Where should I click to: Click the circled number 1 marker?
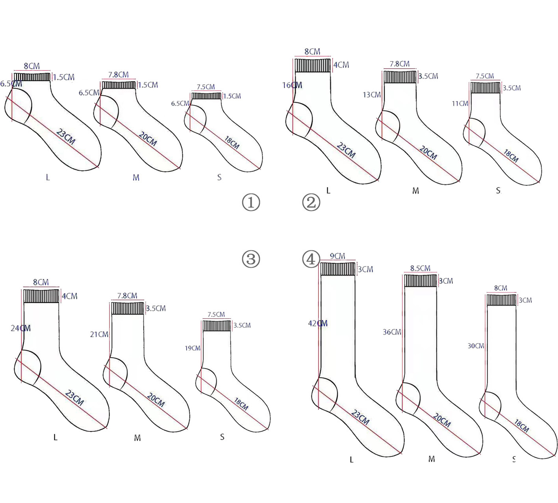tap(251, 203)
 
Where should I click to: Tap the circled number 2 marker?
tap(311, 203)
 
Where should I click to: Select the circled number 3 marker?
tap(251, 259)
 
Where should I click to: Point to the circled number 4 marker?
tap(311, 259)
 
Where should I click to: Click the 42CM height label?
tap(317, 323)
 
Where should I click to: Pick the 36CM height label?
tap(392, 332)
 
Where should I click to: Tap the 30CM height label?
tap(476, 346)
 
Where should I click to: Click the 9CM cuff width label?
tap(337, 256)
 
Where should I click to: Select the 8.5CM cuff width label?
tap(420, 268)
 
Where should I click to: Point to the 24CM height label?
tap(20, 328)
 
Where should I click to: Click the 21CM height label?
tap(99, 334)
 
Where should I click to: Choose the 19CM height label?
tap(193, 348)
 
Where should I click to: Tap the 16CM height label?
tap(292, 85)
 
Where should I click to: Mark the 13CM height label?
tap(371, 95)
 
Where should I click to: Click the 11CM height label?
tap(460, 104)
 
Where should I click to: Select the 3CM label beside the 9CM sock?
tap(365, 269)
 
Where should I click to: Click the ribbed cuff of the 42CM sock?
tap(338, 269)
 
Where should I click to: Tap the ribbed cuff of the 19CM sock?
tap(217, 326)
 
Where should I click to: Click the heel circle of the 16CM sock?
tap(299, 117)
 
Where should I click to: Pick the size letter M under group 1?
tap(136, 178)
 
